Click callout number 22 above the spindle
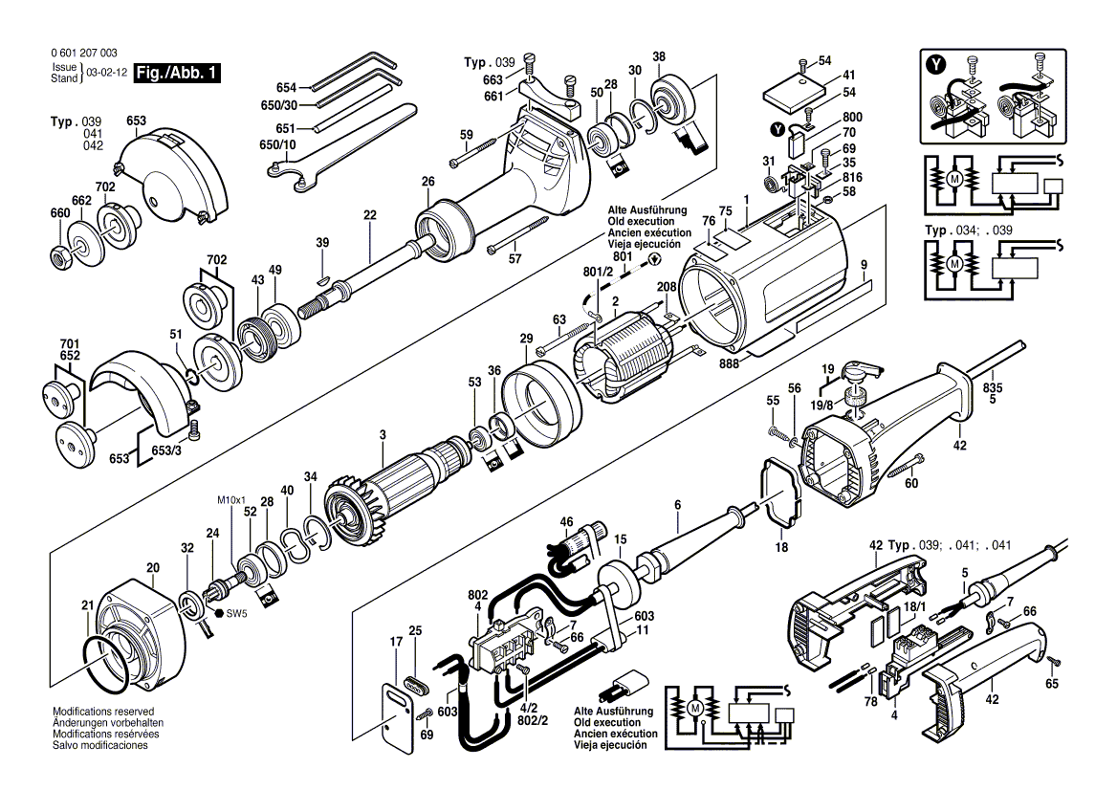click(370, 215)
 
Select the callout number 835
click(993, 388)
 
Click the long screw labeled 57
click(521, 235)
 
